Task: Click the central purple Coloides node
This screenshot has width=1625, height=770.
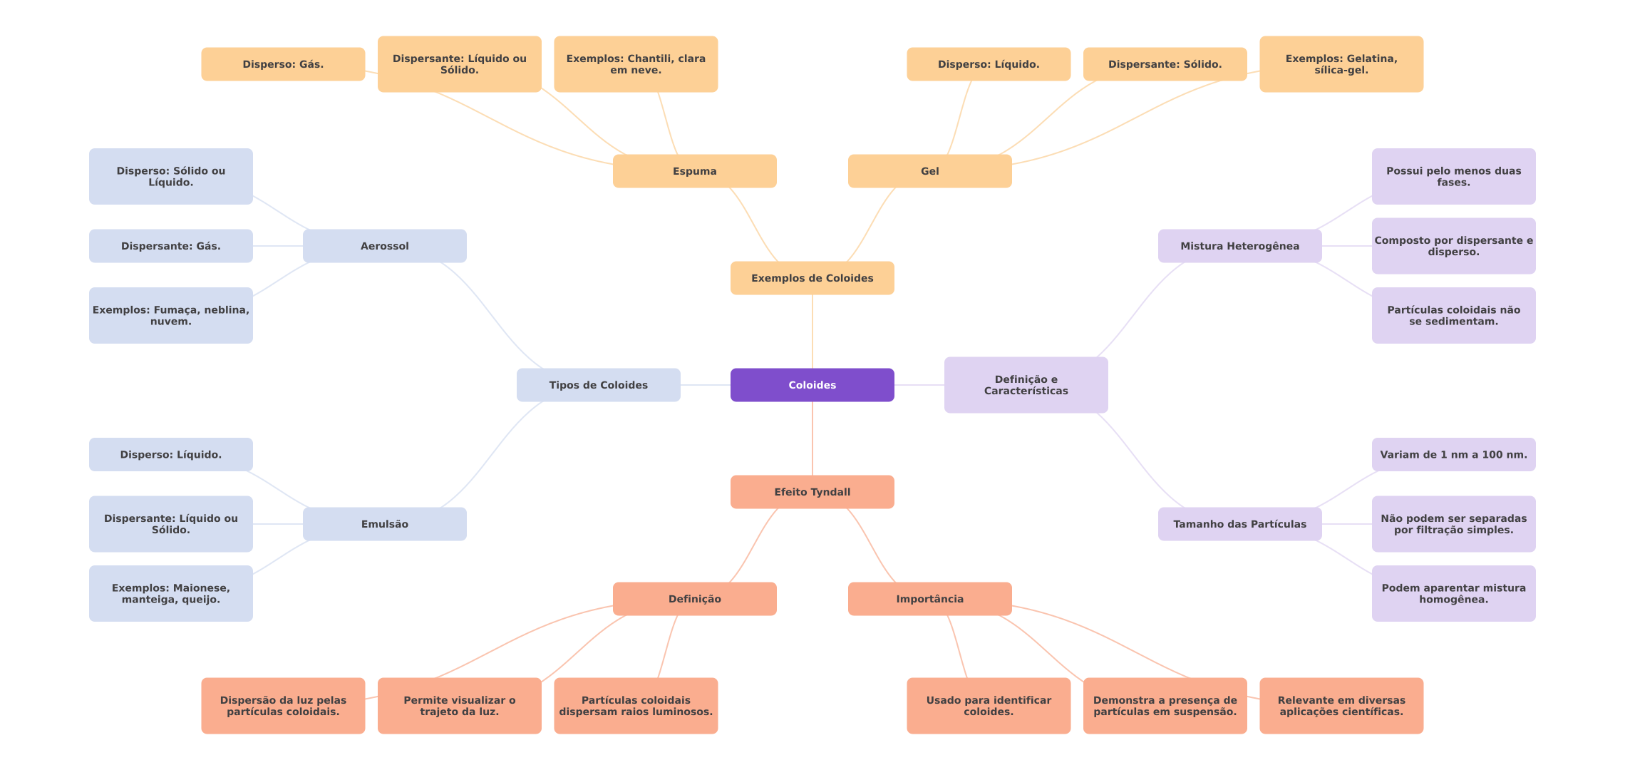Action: [x=812, y=385]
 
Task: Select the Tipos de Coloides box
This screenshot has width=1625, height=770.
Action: [x=598, y=385]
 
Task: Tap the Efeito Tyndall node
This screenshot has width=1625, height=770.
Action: [x=812, y=492]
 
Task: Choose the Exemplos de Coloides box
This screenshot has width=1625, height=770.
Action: [x=812, y=278]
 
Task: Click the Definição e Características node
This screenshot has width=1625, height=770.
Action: [x=1026, y=385]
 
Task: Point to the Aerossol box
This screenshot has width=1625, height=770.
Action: [x=384, y=246]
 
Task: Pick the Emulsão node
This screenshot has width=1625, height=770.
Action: [x=384, y=524]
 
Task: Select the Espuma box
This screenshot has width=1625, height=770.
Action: [x=694, y=171]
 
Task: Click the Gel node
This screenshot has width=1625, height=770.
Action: [x=929, y=171]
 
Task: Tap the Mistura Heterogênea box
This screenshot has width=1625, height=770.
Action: [x=1239, y=246]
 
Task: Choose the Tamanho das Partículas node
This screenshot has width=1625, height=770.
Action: [x=1239, y=524]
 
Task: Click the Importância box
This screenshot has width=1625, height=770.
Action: [x=929, y=599]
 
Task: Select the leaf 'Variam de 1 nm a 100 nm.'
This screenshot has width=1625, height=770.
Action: [x=1453, y=455]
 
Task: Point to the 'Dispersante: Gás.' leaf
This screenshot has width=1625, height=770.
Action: [x=170, y=246]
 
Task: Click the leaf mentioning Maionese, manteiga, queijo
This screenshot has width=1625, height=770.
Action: [x=170, y=593]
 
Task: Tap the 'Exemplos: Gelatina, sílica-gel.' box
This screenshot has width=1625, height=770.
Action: [x=1341, y=64]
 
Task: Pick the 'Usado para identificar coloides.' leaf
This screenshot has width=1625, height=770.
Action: [x=988, y=706]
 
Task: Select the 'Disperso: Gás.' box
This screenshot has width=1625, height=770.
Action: [x=283, y=64]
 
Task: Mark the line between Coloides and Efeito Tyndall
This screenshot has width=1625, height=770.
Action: [x=813, y=438]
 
